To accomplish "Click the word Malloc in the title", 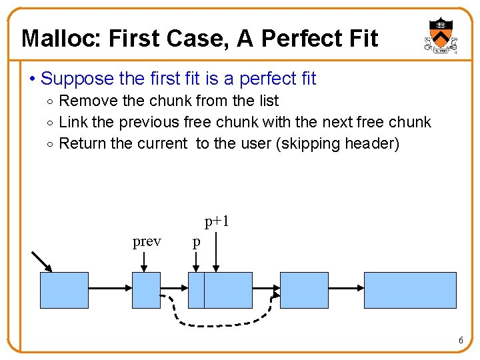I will point(55,39).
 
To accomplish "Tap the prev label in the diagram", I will point(147,241).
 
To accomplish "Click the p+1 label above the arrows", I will point(217,221).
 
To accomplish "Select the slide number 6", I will point(461,341).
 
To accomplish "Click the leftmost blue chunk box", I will point(64,290).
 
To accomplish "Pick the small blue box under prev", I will point(147,290).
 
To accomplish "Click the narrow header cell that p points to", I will point(196,290).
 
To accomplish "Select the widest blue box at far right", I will point(410,290).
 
